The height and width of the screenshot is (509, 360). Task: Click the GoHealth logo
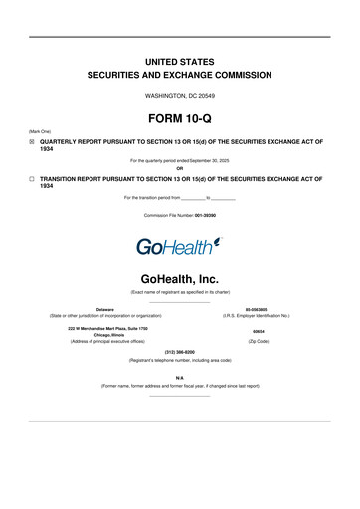tap(180, 245)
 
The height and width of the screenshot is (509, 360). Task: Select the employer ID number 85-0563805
tap(256, 308)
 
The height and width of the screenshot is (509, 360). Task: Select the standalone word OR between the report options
tap(180, 167)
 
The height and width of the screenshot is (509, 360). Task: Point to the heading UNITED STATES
tap(180, 62)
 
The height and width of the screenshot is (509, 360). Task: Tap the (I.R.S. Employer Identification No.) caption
tap(256, 316)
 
